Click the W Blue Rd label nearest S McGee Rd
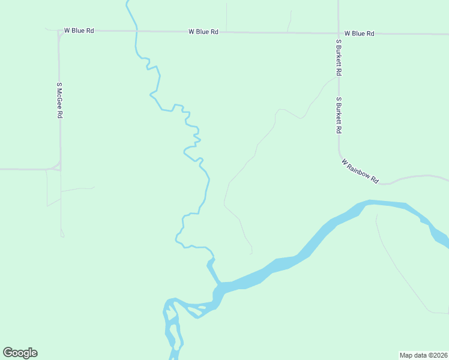click(79, 30)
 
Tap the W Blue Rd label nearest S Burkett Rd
click(359, 34)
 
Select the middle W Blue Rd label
click(203, 32)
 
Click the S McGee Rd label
click(59, 100)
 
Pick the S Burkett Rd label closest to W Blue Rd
click(339, 58)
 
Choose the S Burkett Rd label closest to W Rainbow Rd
click(339, 115)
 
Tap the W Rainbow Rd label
click(360, 171)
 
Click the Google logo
click(20, 353)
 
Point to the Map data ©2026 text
click(423, 355)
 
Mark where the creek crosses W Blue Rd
click(137, 31)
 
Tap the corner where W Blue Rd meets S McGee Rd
click(60, 31)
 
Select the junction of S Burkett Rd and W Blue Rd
click(339, 33)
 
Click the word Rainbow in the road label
click(360, 170)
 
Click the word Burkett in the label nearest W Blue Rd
click(339, 60)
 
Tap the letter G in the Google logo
click(8, 353)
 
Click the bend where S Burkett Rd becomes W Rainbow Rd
click(341, 154)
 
